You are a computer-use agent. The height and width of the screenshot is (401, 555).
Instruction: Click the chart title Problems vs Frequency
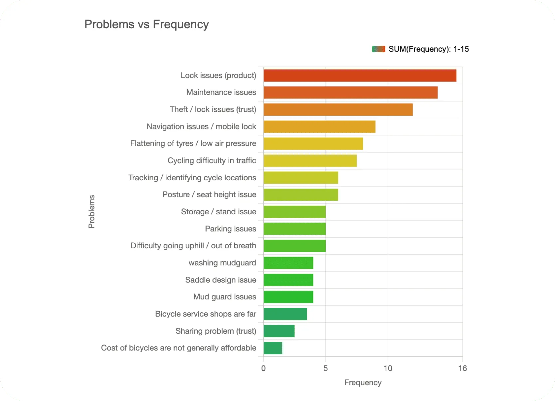(146, 24)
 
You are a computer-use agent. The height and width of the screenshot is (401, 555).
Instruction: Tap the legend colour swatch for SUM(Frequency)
(378, 49)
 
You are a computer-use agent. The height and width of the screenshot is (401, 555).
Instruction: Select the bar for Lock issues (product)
(360, 76)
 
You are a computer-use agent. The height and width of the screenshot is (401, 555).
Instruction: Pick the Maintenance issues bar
(350, 93)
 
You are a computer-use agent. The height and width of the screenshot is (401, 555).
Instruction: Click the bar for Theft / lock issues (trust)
(338, 110)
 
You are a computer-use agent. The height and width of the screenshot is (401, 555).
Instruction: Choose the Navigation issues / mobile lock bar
(319, 127)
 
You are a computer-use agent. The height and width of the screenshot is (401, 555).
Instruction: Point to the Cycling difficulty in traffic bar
(310, 161)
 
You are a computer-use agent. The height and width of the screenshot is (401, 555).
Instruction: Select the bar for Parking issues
(294, 229)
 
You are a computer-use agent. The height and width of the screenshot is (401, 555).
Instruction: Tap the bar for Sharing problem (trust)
(279, 331)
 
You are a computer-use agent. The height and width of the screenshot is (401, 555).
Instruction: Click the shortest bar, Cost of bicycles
(273, 348)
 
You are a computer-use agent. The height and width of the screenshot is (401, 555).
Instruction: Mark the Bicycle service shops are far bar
(285, 314)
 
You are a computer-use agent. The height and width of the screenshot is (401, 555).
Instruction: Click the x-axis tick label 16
(462, 368)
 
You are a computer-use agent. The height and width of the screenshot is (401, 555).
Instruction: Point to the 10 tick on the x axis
(388, 368)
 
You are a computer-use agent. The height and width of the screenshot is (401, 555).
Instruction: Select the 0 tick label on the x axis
(264, 368)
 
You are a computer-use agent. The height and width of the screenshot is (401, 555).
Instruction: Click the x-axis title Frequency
(363, 383)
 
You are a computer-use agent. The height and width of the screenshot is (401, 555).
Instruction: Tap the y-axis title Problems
(92, 212)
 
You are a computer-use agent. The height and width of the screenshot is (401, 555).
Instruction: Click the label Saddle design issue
(221, 280)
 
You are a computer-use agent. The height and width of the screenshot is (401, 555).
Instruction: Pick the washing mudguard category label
(222, 263)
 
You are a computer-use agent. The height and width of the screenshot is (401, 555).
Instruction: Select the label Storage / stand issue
(219, 212)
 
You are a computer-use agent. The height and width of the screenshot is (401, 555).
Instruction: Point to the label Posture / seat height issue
(209, 195)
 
